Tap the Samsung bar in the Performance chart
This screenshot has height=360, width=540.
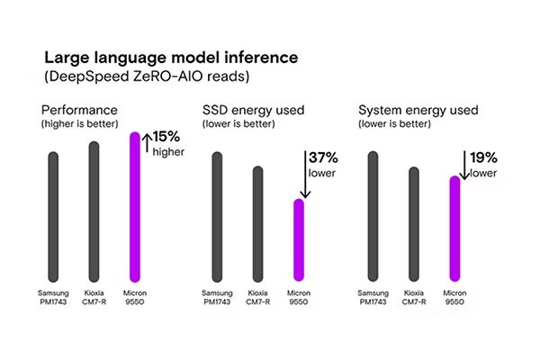pyautogui.click(x=53, y=215)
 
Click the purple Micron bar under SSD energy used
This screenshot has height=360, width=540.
pyautogui.click(x=300, y=238)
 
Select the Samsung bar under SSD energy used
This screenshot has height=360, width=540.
pyautogui.click(x=217, y=215)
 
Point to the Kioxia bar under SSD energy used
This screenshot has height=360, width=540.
pyautogui.click(x=257, y=222)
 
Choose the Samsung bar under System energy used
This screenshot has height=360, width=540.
pyautogui.click(x=373, y=215)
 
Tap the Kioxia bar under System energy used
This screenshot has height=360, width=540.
pyautogui.click(x=414, y=222)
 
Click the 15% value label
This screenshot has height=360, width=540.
pyautogui.click(x=166, y=137)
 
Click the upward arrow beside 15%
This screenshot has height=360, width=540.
pyautogui.click(x=147, y=142)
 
